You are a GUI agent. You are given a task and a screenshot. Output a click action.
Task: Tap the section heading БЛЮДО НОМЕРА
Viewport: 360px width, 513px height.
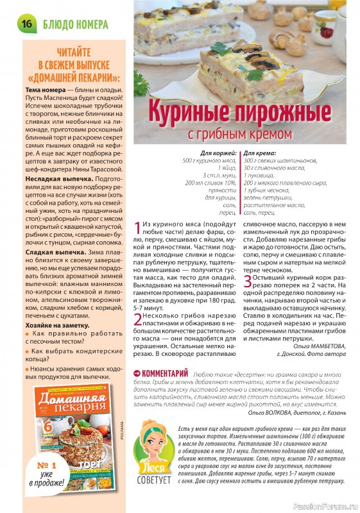pos(73,24)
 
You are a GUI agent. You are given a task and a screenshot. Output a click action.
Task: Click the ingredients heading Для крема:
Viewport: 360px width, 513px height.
pos(261,154)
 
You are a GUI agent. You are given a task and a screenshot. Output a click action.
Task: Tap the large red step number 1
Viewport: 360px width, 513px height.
pos(138,228)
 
